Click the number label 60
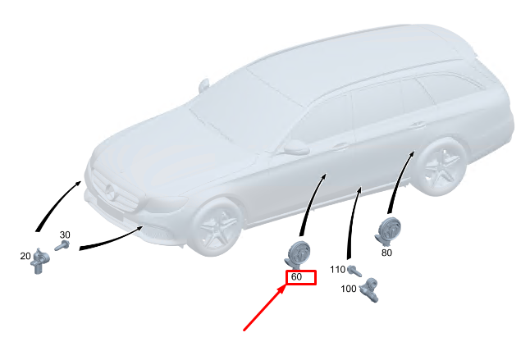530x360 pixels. (297, 277)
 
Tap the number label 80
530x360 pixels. (386, 253)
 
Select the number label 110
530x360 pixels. (337, 269)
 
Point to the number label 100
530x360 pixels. (349, 289)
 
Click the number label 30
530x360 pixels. (65, 235)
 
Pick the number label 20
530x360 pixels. (25, 256)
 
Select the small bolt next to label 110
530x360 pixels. (354, 269)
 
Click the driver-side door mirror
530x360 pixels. (295, 148)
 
